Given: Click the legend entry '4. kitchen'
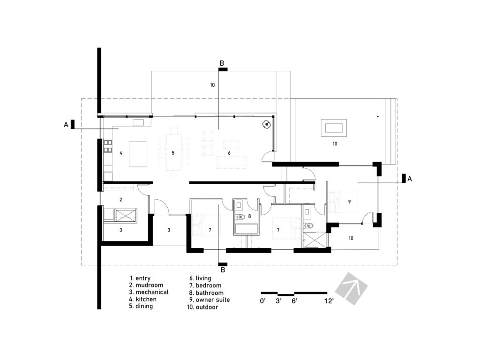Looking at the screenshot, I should (x=143, y=299).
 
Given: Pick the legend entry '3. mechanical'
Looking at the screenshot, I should (x=149, y=292).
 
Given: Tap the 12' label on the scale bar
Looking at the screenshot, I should (x=329, y=301).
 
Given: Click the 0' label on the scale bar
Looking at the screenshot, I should (x=263, y=301).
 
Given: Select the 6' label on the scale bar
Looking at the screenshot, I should (x=295, y=301).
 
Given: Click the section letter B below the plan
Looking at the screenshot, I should (x=223, y=270).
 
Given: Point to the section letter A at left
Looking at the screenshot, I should (x=66, y=124).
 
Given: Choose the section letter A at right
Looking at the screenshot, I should (x=409, y=179).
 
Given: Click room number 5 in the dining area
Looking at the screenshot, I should (x=173, y=153).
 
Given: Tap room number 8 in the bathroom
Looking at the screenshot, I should (x=249, y=216).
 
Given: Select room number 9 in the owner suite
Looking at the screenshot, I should (x=349, y=201).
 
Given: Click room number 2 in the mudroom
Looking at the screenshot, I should (x=120, y=200).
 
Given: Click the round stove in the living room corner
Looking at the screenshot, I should (x=266, y=125).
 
